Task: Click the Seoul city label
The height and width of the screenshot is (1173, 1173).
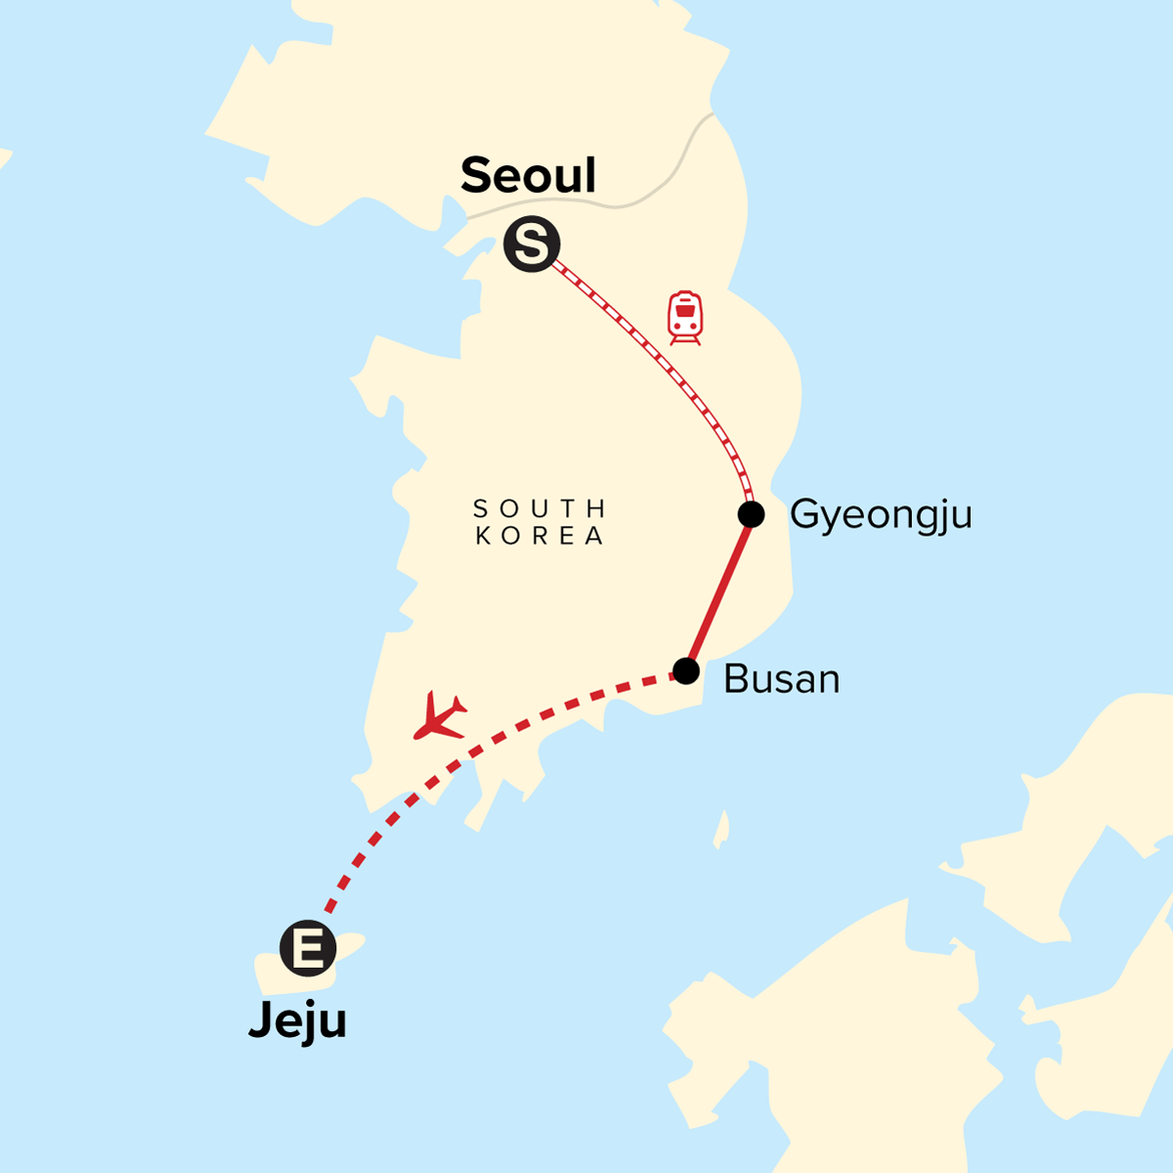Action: tap(528, 176)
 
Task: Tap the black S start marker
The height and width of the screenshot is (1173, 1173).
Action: tap(532, 243)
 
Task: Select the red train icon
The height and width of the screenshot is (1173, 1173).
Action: tap(685, 317)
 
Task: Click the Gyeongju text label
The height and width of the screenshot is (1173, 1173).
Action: tap(881, 515)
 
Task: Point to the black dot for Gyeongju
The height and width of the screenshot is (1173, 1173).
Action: tap(751, 514)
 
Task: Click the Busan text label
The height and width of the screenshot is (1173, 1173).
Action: tap(781, 679)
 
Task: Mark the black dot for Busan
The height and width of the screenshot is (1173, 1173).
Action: tap(686, 672)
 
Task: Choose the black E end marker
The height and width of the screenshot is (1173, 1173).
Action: tap(308, 948)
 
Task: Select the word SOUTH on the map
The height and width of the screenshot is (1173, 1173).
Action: tap(540, 508)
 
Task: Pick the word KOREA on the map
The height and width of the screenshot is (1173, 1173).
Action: tap(540, 536)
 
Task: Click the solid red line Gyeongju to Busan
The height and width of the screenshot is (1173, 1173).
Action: tap(719, 591)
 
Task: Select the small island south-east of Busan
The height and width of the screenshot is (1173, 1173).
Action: tap(721, 830)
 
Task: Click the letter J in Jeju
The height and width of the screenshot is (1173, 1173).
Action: tap(261, 1020)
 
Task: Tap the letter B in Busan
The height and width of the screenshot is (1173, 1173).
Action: tap(734, 679)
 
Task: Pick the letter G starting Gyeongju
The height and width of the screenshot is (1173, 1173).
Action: tap(804, 513)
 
